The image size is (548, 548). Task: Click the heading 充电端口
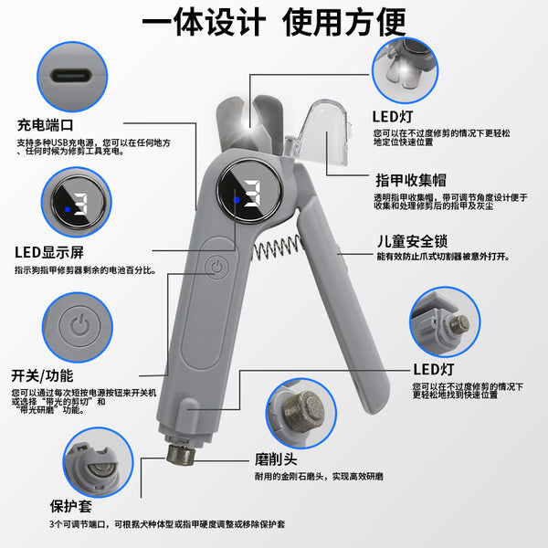point(45,123)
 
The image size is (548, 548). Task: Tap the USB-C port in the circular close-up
point(70,77)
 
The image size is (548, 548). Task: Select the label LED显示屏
point(51,252)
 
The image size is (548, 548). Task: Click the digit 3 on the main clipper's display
point(251,193)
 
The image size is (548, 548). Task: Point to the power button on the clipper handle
point(216,268)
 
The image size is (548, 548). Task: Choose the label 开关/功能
point(42,376)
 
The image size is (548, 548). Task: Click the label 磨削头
point(275,459)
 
